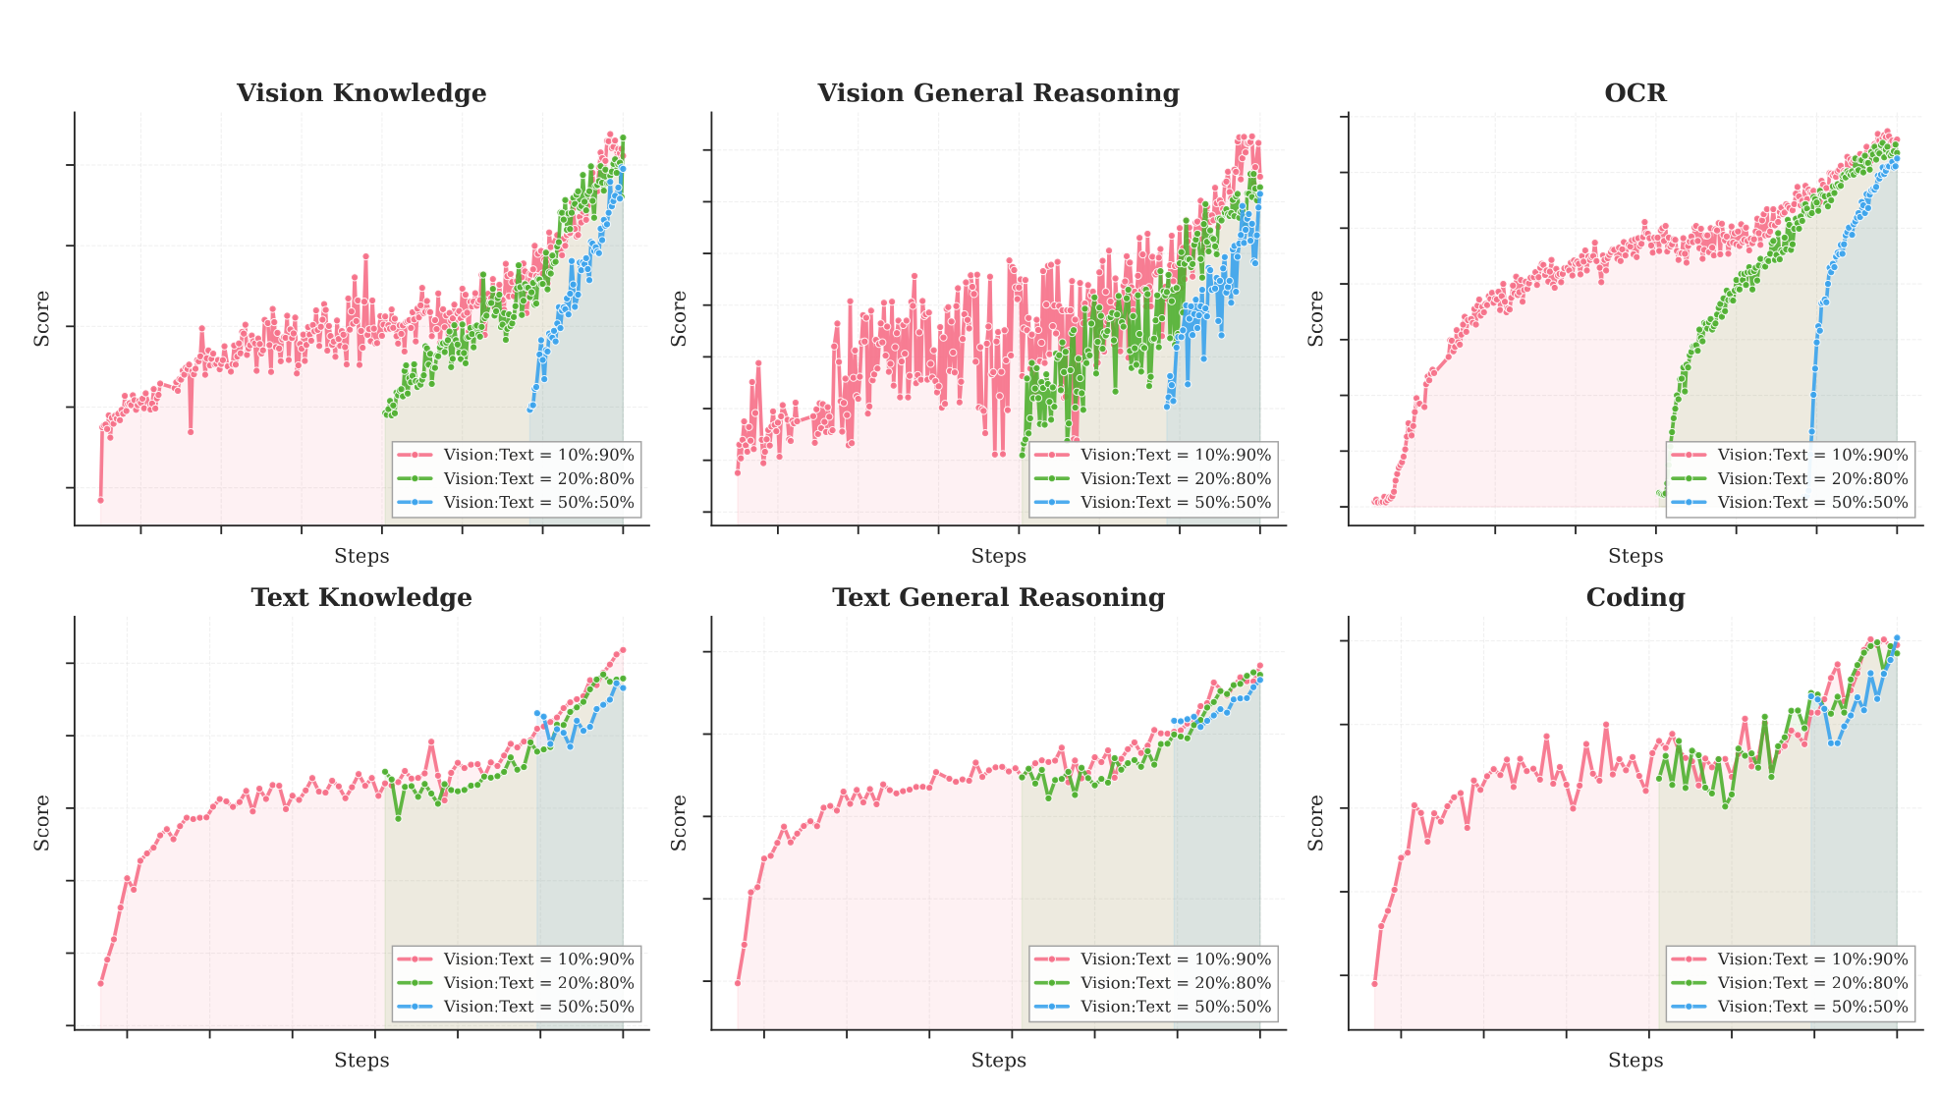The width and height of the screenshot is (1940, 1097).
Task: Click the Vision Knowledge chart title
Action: pyautogui.click(x=361, y=93)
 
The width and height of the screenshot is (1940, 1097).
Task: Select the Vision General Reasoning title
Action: pyautogui.click(x=998, y=93)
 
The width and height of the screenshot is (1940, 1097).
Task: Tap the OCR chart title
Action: pyautogui.click(x=1635, y=93)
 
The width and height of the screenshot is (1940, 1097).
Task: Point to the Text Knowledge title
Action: pyautogui.click(x=361, y=598)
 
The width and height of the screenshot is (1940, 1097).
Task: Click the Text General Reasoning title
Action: pyautogui.click(x=998, y=598)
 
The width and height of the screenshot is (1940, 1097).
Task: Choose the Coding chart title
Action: pyautogui.click(x=1635, y=598)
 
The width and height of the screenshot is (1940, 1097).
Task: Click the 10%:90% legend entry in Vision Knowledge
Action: pyautogui.click(x=516, y=455)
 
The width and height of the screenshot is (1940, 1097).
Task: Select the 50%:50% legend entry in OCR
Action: pyautogui.click(x=1790, y=503)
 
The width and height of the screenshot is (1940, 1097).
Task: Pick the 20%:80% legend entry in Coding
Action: pyautogui.click(x=1790, y=983)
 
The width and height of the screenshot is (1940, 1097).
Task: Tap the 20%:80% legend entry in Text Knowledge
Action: pyautogui.click(x=516, y=983)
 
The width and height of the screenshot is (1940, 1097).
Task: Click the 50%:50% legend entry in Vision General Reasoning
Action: pyautogui.click(x=1153, y=503)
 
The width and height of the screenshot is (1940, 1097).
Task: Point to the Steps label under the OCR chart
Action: pyautogui.click(x=1635, y=556)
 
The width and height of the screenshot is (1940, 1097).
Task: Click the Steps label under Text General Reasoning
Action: pyautogui.click(x=998, y=1061)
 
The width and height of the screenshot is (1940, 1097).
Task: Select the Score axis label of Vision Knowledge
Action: pyautogui.click(x=42, y=318)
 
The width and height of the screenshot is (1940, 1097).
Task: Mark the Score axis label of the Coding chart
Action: pyautogui.click(x=1316, y=823)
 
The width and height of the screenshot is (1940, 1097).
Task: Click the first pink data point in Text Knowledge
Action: pyautogui.click(x=100, y=983)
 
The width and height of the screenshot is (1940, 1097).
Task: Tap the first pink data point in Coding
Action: pyautogui.click(x=1374, y=984)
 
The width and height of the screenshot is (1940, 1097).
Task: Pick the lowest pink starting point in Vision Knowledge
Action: pyautogui.click(x=100, y=500)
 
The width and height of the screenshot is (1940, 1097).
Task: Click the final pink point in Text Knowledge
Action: pyautogui.click(x=623, y=650)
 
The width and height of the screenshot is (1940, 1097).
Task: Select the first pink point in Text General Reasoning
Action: pyautogui.click(x=738, y=983)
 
